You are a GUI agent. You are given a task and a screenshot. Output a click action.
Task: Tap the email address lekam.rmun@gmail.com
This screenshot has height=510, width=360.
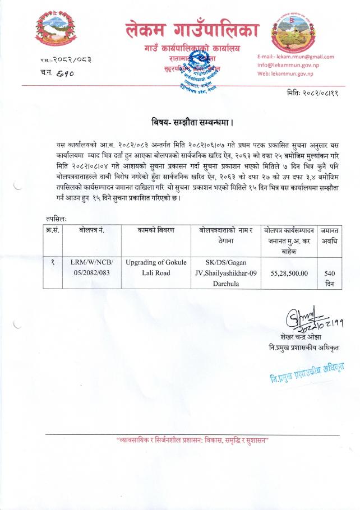point(296,57)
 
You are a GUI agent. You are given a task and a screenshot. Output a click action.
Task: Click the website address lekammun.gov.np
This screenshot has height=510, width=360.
point(288,73)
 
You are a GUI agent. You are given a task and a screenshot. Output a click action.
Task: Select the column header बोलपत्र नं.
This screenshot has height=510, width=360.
point(92,230)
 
